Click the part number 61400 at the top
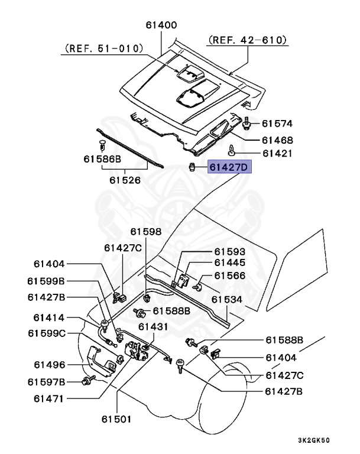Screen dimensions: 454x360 coord(161,25)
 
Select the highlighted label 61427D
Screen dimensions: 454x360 coord(229,168)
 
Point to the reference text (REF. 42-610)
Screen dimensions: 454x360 coord(248,40)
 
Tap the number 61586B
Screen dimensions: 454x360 coord(102,160)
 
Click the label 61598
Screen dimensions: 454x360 coord(145,232)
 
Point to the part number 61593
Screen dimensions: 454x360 coord(229,251)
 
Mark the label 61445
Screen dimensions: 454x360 coord(229,262)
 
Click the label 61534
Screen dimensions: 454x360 coord(227,300)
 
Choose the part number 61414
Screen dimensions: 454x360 coord(44,317)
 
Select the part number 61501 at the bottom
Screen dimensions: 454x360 coord(115,419)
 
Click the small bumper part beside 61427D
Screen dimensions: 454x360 coord(192,167)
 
